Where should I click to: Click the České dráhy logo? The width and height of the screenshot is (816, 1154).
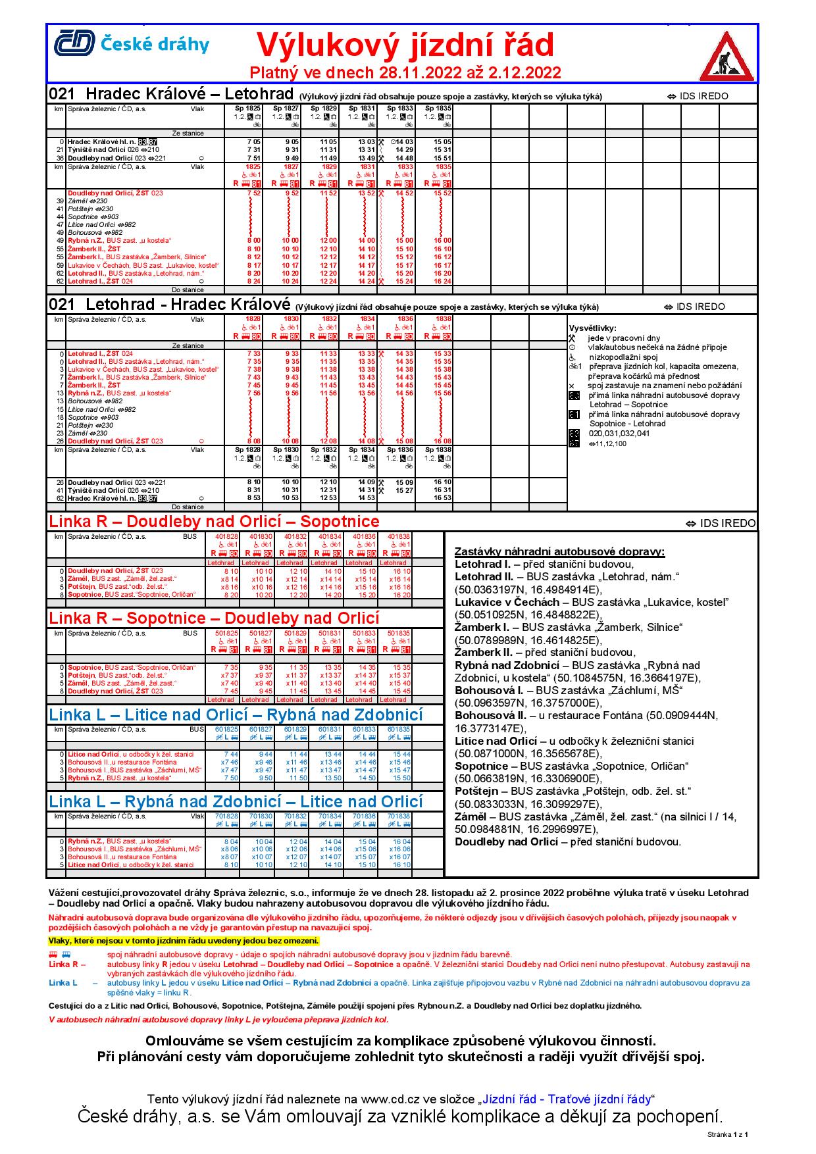click(132, 43)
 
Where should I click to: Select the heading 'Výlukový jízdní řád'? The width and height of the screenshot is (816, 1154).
click(405, 45)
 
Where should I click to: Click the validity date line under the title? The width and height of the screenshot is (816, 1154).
click(405, 72)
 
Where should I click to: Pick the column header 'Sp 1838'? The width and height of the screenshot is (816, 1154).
click(438, 450)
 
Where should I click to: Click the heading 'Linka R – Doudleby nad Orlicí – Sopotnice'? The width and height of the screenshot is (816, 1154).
click(215, 522)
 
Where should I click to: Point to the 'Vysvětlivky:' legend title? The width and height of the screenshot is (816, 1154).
click(592, 328)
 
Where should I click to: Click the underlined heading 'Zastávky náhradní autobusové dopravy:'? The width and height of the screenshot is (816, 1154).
click(559, 551)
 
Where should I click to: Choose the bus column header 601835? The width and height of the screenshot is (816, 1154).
click(399, 729)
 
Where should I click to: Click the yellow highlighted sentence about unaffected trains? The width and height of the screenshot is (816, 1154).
click(184, 940)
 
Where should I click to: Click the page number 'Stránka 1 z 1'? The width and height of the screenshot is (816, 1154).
click(727, 1134)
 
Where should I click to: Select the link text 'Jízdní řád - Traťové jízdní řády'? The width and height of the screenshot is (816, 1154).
click(566, 1099)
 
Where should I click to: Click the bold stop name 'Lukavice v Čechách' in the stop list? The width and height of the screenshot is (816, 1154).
click(507, 602)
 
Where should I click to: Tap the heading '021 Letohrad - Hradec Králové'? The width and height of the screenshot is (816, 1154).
click(170, 305)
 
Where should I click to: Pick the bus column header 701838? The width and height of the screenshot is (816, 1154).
click(399, 816)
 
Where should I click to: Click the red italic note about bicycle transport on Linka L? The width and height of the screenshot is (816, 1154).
click(218, 1019)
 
